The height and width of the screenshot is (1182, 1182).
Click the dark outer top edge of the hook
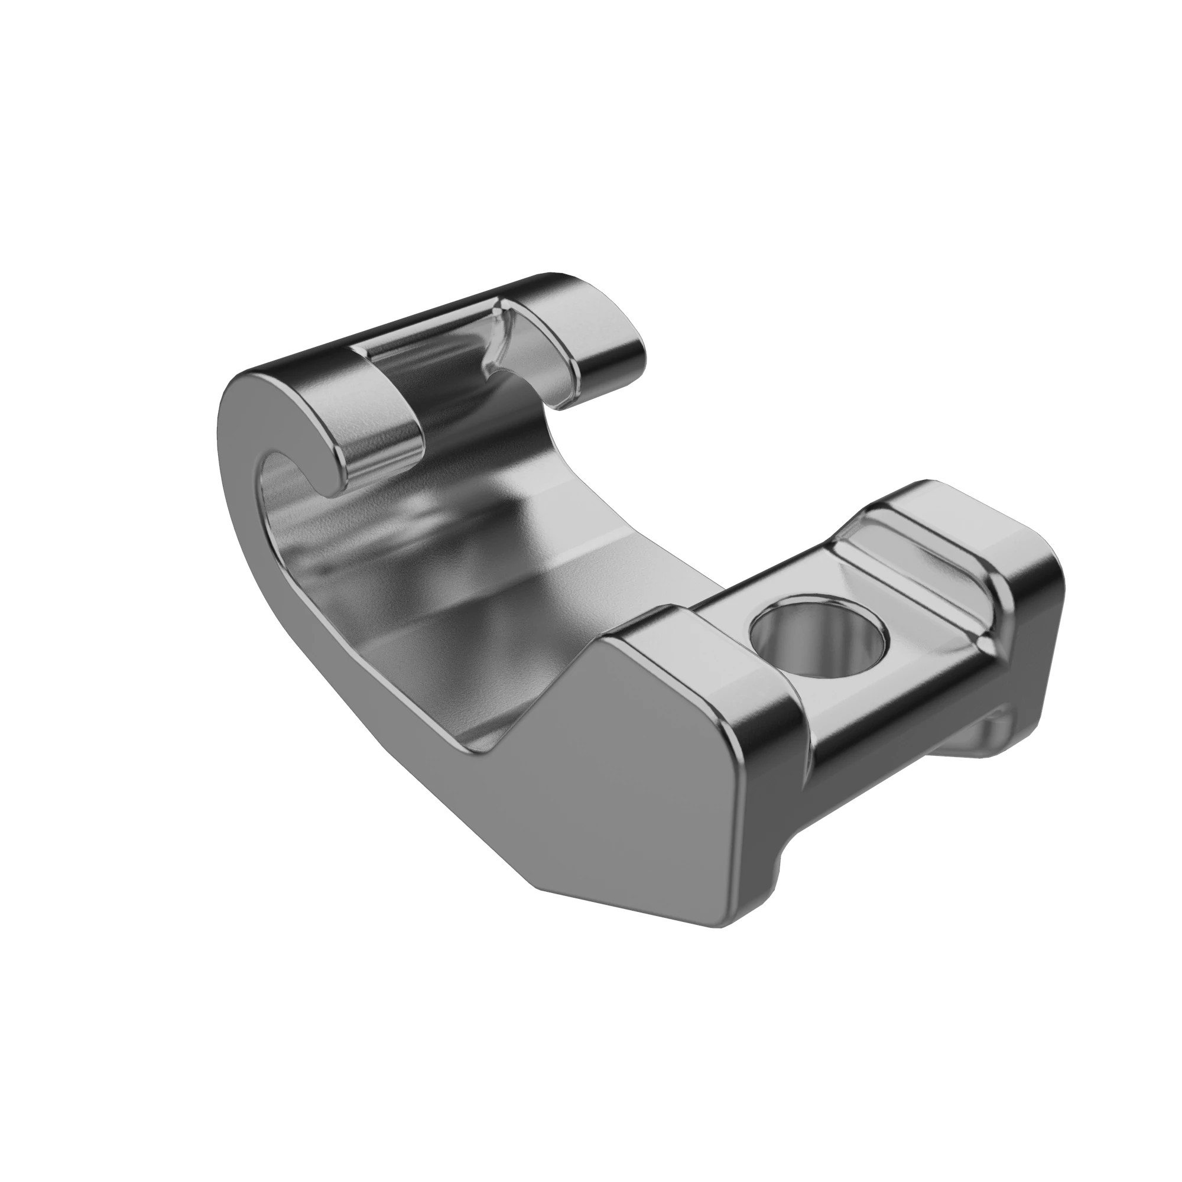[398, 318]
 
